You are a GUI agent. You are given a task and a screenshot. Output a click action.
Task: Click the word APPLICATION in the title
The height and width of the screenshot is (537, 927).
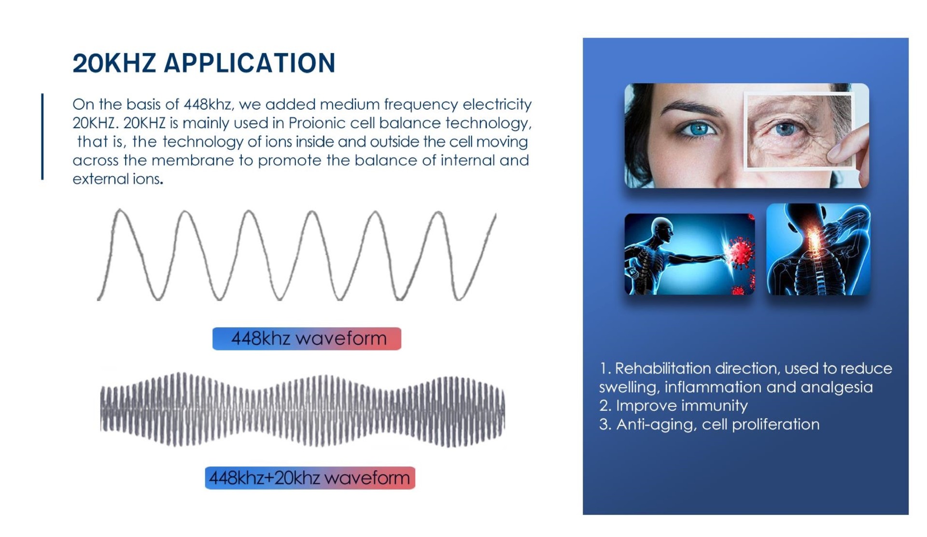click(x=250, y=63)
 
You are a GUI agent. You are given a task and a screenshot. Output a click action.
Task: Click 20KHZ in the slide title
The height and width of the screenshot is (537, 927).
click(x=114, y=63)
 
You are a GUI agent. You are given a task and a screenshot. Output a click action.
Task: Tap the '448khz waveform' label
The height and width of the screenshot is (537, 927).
click(x=307, y=338)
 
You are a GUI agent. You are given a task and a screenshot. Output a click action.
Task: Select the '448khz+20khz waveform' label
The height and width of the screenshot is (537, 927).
click(x=310, y=478)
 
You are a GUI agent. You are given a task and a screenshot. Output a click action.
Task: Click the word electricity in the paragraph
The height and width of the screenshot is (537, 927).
click(x=497, y=105)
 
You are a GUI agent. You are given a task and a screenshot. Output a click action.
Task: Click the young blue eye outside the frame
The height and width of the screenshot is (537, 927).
click(x=698, y=129)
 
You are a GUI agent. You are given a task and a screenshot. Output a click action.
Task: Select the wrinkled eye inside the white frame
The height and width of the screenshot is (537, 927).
click(x=785, y=129)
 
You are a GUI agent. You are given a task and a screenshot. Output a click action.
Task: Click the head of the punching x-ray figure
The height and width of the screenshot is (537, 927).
click(x=662, y=230)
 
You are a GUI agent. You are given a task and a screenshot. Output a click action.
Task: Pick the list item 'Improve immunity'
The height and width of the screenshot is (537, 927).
click(x=674, y=406)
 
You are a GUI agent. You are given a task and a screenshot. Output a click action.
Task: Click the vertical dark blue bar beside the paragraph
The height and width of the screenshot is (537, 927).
click(x=42, y=137)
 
